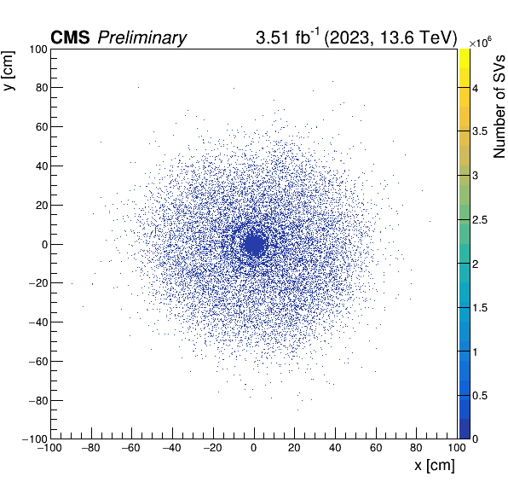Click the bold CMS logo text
(x=70, y=38)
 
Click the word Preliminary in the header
(x=141, y=38)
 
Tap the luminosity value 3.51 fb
(x=287, y=37)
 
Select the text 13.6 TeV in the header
(x=418, y=38)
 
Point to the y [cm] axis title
(x=9, y=71)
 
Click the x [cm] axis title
(x=435, y=466)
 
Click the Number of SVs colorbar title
(x=499, y=107)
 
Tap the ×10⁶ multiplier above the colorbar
(x=480, y=43)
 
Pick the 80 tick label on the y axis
(x=42, y=88)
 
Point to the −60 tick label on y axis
(x=38, y=361)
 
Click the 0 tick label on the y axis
(x=44, y=245)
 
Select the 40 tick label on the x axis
(x=335, y=448)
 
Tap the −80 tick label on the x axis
(x=90, y=448)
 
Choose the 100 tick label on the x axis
(x=457, y=448)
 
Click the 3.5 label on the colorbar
(x=480, y=131)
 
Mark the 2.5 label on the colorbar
(x=480, y=220)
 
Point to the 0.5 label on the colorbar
(x=480, y=396)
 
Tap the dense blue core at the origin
(x=255, y=245)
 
